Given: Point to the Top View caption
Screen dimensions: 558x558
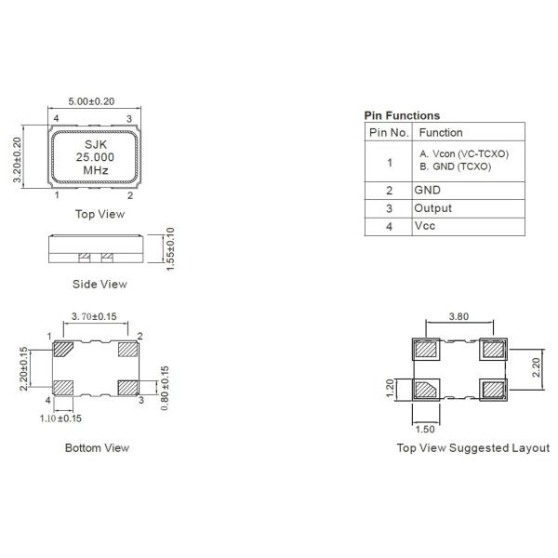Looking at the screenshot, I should tap(100, 214).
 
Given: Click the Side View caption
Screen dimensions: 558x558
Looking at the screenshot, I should tap(100, 284).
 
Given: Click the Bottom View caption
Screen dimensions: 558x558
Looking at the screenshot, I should tap(97, 447).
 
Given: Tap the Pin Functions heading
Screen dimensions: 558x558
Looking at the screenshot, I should tap(402, 115).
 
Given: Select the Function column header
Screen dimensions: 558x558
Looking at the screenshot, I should tap(441, 133).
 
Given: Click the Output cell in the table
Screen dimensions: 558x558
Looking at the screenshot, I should tap(432, 207).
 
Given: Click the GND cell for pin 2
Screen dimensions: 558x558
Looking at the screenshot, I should tap(427, 189).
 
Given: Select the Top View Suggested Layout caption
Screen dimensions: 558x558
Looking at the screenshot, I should tap(473, 447).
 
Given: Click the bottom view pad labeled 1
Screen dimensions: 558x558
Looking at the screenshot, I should tap(65, 349).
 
